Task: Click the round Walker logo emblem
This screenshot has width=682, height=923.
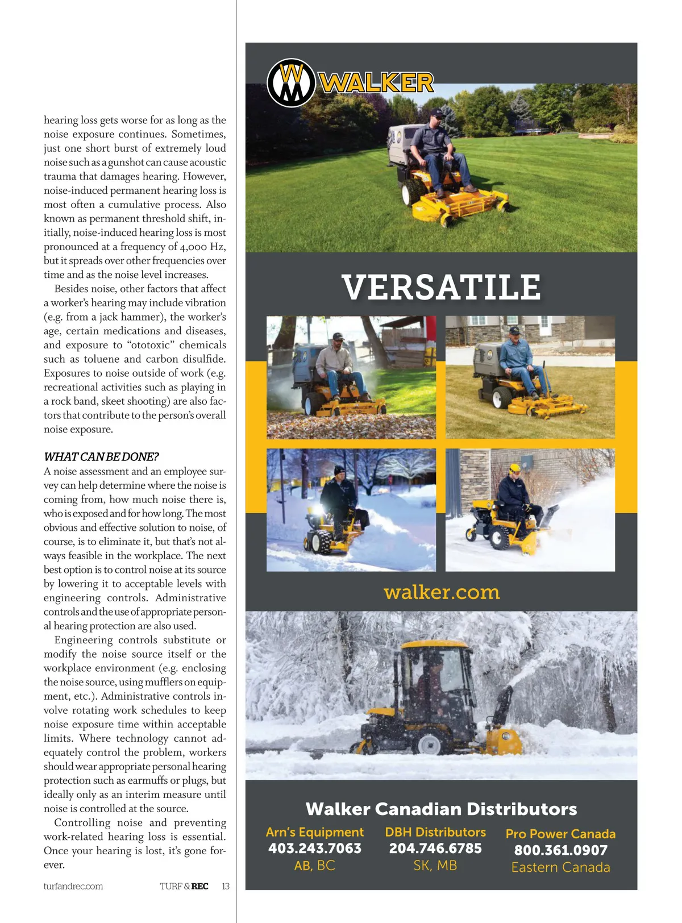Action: pyautogui.click(x=291, y=83)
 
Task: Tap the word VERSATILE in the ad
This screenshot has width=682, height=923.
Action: pyautogui.click(x=442, y=288)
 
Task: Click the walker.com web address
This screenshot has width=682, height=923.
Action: pyautogui.click(x=442, y=592)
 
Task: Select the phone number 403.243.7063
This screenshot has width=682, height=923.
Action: pyautogui.click(x=315, y=849)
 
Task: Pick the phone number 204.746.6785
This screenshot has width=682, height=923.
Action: pyautogui.click(x=435, y=849)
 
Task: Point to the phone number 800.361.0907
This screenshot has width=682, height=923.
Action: pyautogui.click(x=561, y=850)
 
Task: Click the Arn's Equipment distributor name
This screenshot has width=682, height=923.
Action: pyautogui.click(x=315, y=832)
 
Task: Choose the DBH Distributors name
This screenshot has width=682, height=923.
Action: pyautogui.click(x=435, y=832)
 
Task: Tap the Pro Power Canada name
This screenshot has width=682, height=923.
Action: pyautogui.click(x=561, y=834)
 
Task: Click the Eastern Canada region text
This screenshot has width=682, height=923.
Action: pyautogui.click(x=561, y=867)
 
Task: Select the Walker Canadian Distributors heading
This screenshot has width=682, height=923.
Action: pyautogui.click(x=442, y=809)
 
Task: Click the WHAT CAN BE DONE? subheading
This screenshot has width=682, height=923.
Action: pyautogui.click(x=101, y=457)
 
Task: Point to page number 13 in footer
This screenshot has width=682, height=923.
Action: pyautogui.click(x=226, y=886)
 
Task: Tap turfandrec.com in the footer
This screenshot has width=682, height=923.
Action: pyautogui.click(x=73, y=886)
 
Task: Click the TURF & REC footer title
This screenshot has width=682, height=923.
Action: pyautogui.click(x=184, y=886)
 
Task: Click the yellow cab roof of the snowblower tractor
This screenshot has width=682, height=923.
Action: pyautogui.click(x=435, y=645)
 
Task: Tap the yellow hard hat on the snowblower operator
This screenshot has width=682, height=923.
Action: pyautogui.click(x=515, y=468)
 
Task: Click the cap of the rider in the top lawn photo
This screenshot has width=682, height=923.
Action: pyautogui.click(x=436, y=113)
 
